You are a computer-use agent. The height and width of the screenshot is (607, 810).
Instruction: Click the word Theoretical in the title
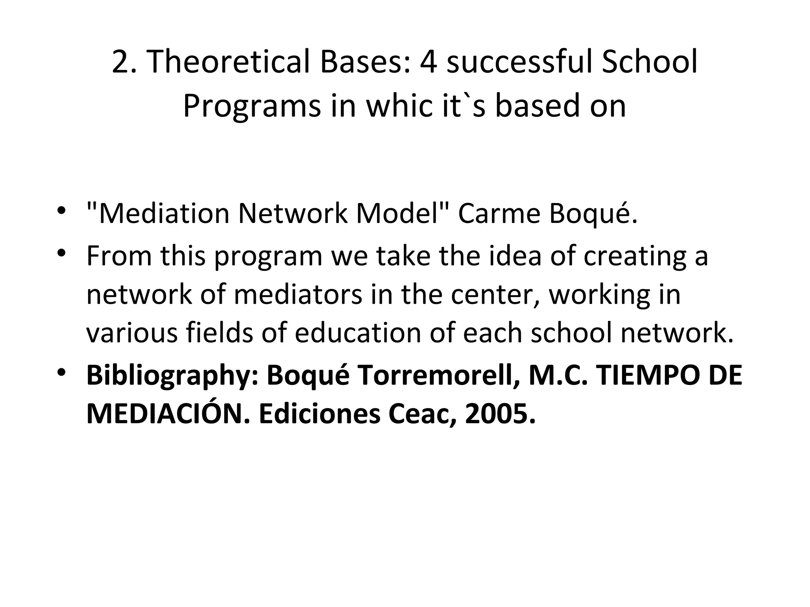230,62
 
